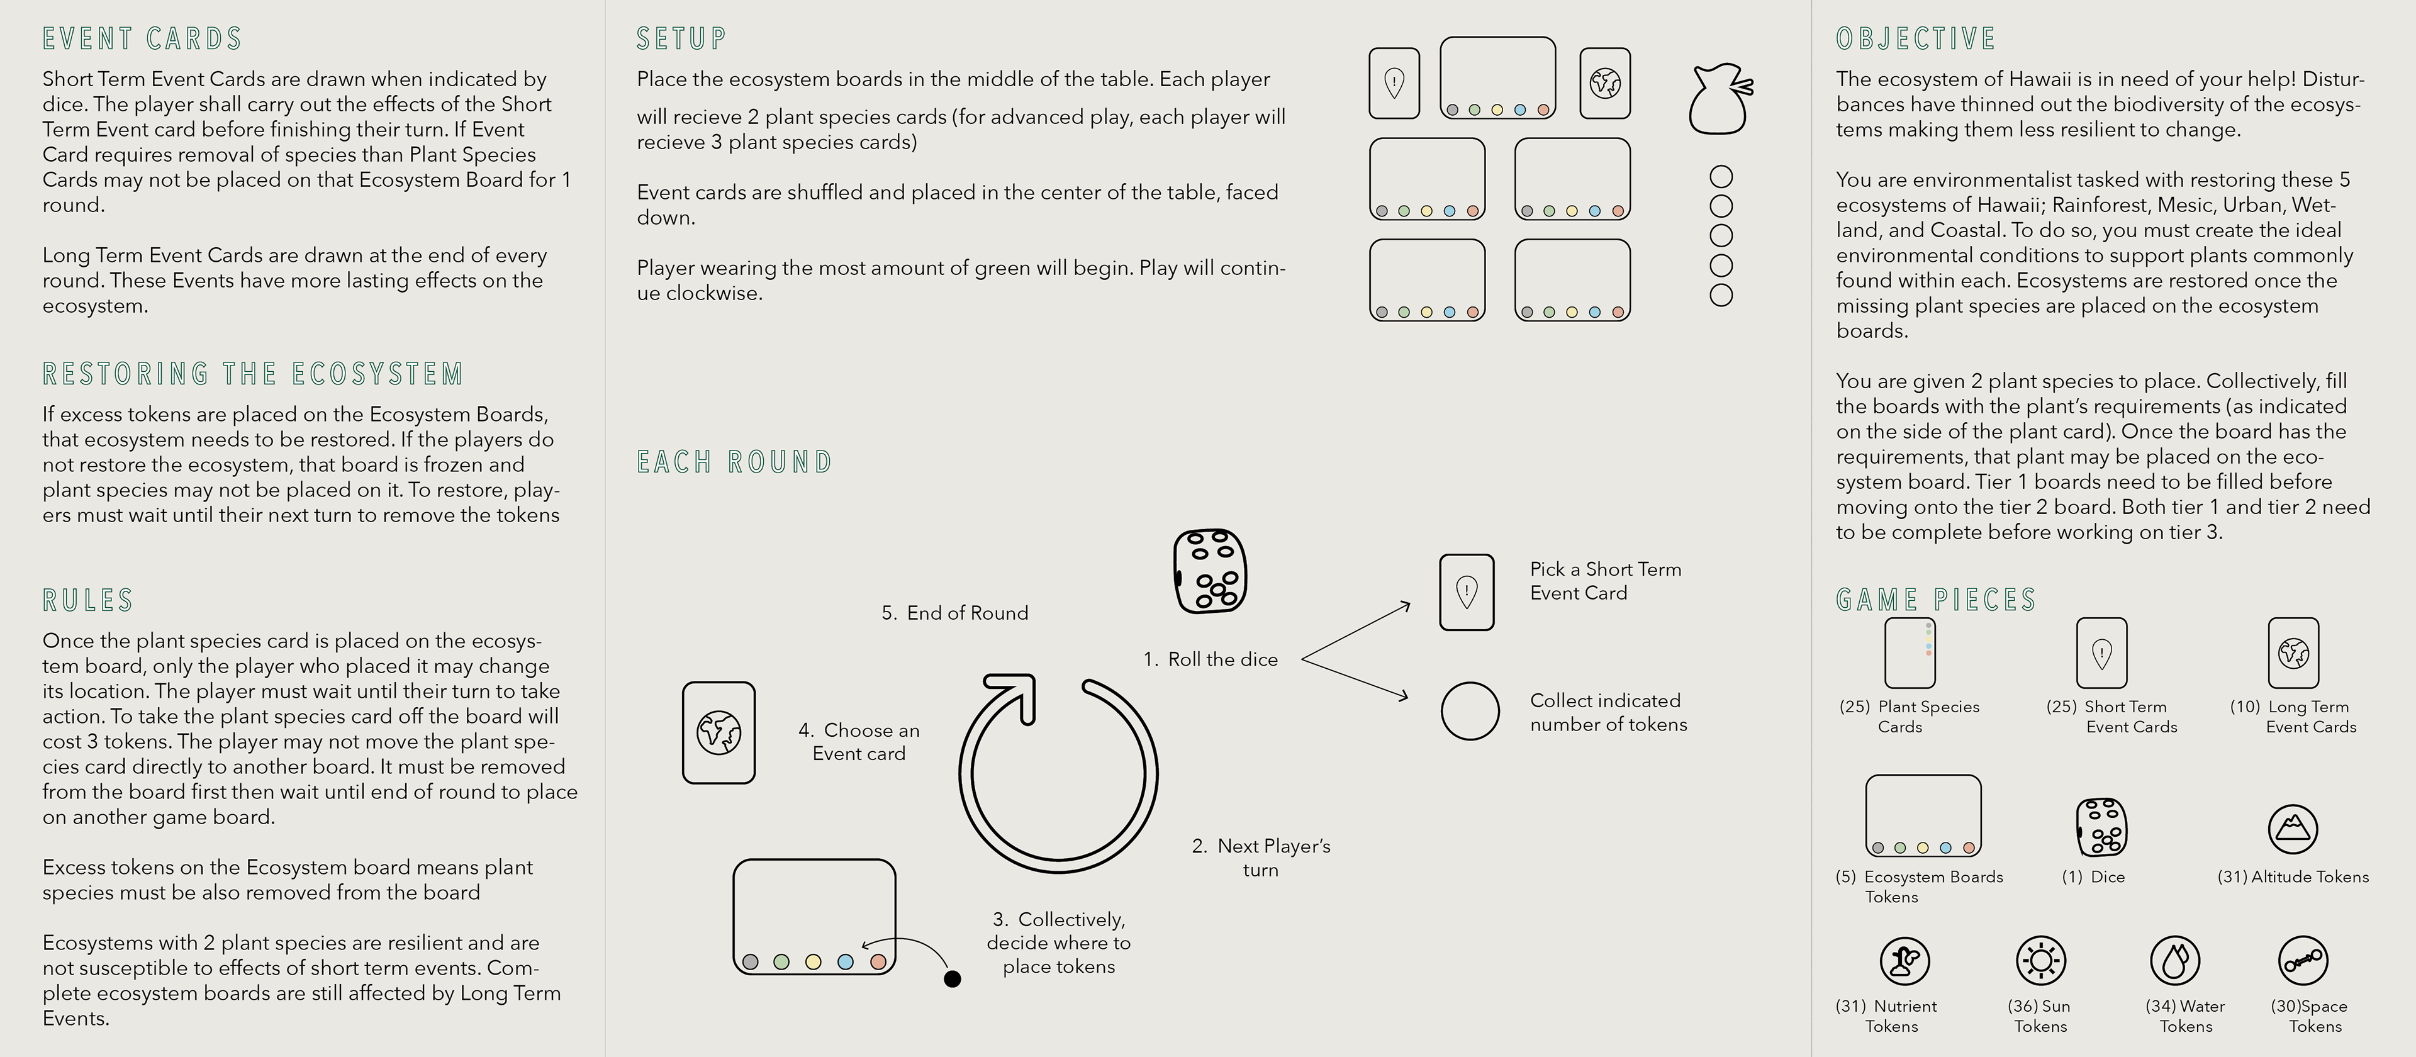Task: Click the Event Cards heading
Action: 143,40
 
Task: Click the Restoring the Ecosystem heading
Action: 253,374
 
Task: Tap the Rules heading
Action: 88,600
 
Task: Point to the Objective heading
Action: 1916,40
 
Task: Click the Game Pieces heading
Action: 1936,600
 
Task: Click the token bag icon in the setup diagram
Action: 1719,99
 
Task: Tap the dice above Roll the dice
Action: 1210,571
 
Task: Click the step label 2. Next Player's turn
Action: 1260,857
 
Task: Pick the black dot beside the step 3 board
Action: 952,979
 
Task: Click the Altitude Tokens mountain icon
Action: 2292,829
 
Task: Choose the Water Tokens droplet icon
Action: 2174,960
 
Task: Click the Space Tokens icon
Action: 2303,960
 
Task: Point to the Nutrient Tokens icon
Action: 1904,960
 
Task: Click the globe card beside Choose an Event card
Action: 719,732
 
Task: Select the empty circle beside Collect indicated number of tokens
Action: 1470,711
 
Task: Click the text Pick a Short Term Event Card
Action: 1605,581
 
